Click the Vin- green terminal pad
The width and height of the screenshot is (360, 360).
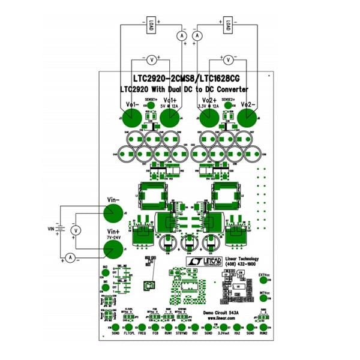pos(111,213)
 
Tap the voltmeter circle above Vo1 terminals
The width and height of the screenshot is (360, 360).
pos(152,59)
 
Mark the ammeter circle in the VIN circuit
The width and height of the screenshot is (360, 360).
pos(70,257)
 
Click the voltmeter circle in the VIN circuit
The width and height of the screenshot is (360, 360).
pos(76,230)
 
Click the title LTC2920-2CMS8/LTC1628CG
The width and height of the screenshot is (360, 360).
pos(185,78)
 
